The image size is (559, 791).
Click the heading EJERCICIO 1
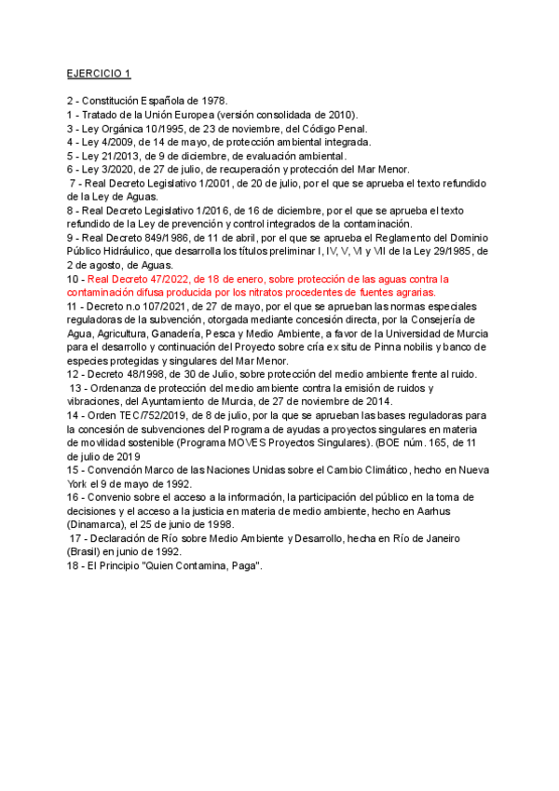click(99, 74)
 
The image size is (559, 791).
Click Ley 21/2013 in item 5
click(109, 156)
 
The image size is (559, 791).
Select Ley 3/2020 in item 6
click(106, 170)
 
